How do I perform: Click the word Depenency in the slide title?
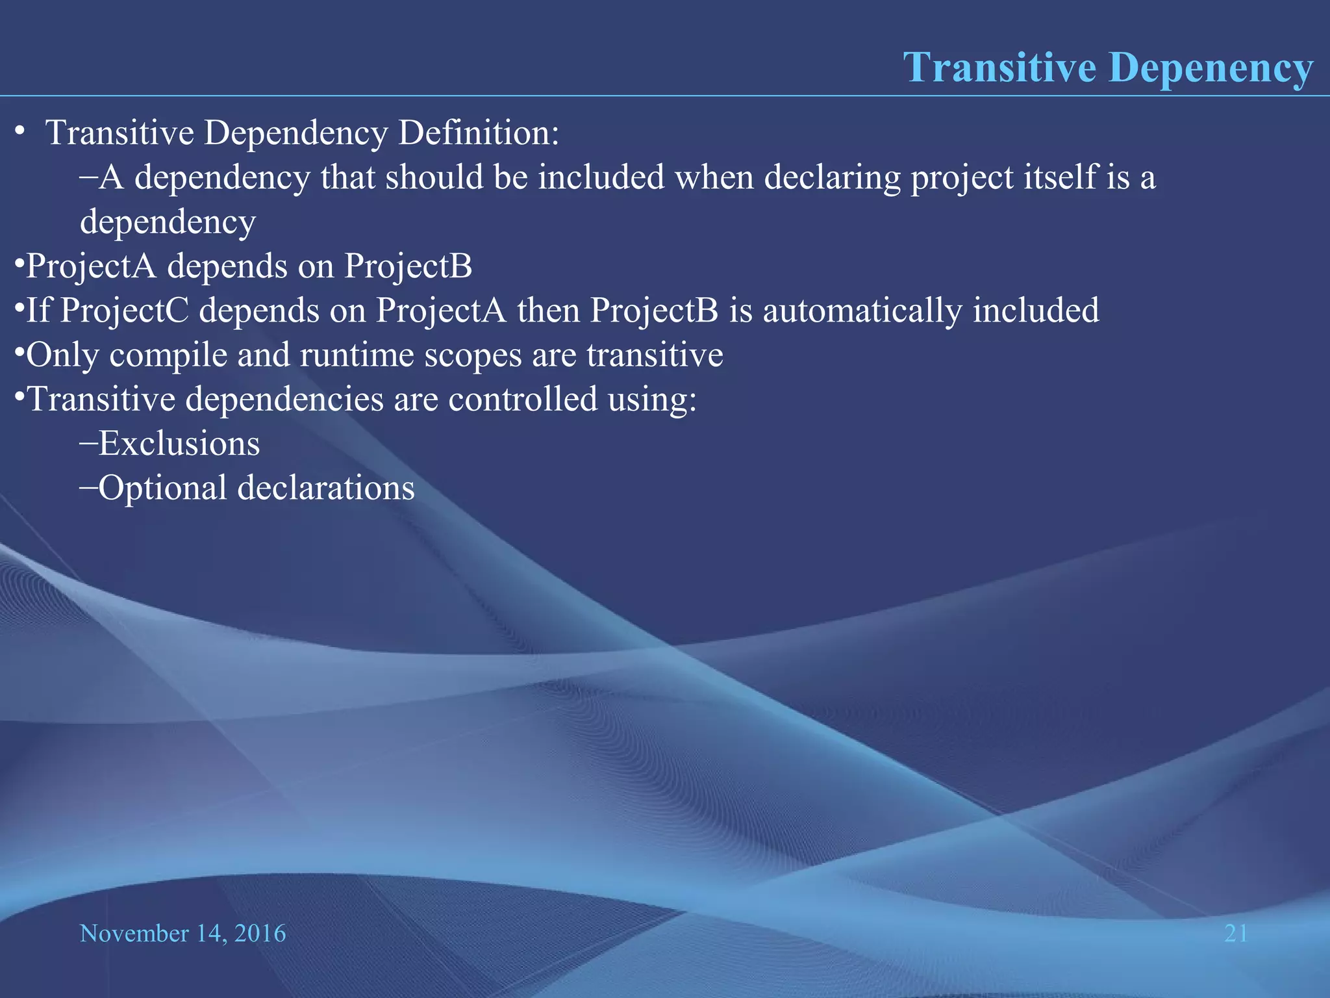(1211, 68)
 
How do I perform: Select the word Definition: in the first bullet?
(479, 133)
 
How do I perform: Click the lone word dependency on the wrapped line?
(168, 222)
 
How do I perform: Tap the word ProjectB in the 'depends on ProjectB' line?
(408, 266)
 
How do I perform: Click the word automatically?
(862, 311)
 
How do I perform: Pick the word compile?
(167, 355)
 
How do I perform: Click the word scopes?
(473, 355)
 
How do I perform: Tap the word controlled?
(523, 399)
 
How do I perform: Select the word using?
(652, 400)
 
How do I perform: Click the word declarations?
(326, 488)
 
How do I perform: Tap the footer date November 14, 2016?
(182, 934)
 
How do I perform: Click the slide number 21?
(1236, 934)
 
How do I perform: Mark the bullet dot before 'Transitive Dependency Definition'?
(20, 132)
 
